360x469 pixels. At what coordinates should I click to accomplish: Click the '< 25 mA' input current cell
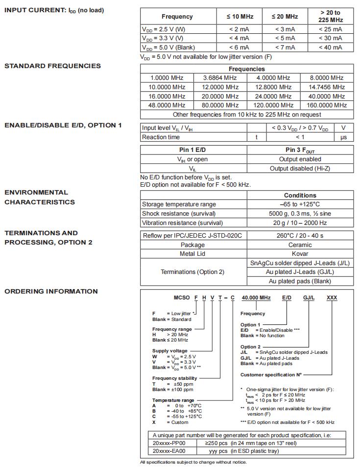coord(330,29)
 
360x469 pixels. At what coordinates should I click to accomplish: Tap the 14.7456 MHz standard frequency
coord(327,87)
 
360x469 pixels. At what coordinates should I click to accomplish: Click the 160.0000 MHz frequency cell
coord(327,105)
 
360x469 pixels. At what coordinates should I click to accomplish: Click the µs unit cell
coord(343,137)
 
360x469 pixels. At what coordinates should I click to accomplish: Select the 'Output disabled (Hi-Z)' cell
coord(300,168)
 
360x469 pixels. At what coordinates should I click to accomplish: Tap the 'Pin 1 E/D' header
coord(193,150)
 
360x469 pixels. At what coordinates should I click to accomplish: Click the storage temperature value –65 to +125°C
coord(300,204)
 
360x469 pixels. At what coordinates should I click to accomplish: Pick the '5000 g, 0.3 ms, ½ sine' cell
coord(300,214)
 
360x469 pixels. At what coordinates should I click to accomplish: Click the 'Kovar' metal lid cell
coord(300,254)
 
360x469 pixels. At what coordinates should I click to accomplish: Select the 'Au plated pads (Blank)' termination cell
coord(300,281)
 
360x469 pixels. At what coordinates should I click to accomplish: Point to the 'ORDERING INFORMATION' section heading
coord(51,292)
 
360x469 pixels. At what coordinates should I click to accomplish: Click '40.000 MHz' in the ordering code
coord(257,298)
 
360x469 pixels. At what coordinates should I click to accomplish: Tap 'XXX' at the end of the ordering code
coord(332,298)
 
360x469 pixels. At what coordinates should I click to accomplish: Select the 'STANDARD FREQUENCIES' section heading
coord(52,66)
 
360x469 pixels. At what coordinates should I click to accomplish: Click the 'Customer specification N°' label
coord(271,374)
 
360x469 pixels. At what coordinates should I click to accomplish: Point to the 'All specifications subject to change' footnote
coord(193,462)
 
